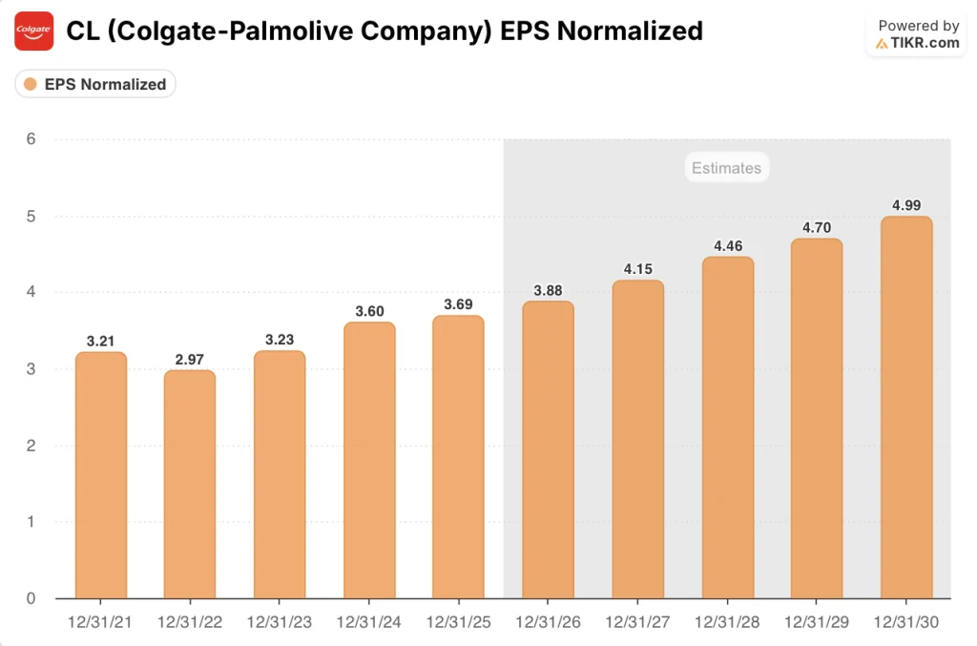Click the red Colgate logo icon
34,31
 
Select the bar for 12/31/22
189,485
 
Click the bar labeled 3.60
368,461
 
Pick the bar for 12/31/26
548,450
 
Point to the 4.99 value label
905,205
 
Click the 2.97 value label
189,359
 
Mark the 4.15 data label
637,269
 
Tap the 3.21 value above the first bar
100,341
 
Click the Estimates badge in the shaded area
727,168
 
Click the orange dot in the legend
31,84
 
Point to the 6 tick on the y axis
31,139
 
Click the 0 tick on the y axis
31,598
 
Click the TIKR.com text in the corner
924,43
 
